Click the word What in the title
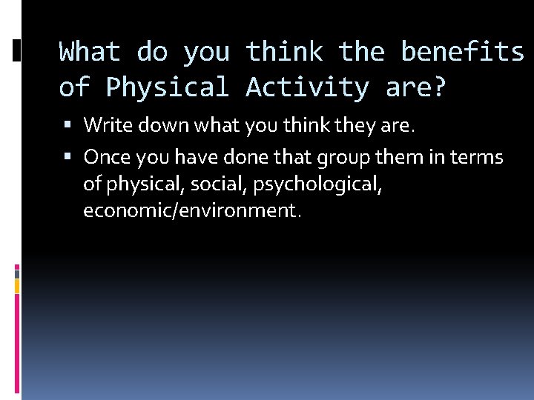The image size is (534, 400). tap(90, 53)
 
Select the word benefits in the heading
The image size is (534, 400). tap(462, 53)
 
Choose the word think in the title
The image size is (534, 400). tap(284, 53)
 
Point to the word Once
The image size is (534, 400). tap(105, 157)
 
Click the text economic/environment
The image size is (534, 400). tap(192, 210)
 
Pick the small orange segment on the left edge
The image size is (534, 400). tap(17, 284)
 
